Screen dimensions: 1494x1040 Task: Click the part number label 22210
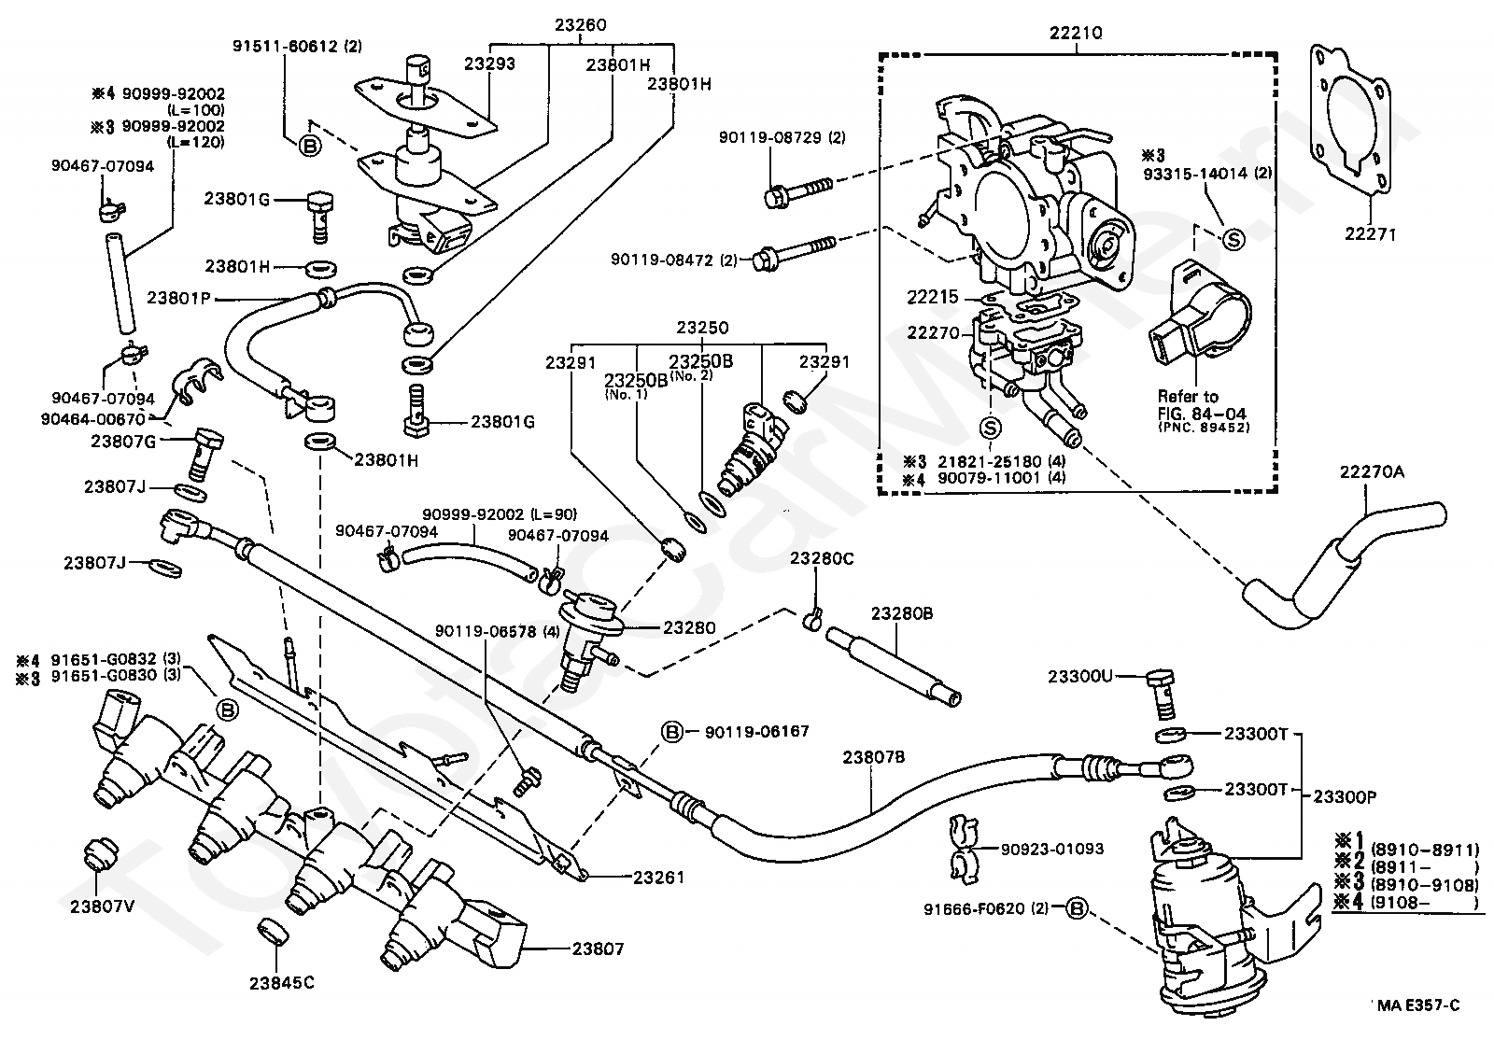1076,33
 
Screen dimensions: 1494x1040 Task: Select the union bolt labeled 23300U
1162,695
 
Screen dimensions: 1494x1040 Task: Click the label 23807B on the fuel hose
873,757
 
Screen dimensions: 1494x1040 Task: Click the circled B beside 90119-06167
672,732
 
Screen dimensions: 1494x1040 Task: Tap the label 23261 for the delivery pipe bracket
658,878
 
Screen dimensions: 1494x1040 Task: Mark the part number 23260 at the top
580,24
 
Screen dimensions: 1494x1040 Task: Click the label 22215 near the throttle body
932,297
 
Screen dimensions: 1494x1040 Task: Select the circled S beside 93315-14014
1233,239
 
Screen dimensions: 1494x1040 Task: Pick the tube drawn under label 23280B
894,667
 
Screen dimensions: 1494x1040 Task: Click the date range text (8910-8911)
1425,850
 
